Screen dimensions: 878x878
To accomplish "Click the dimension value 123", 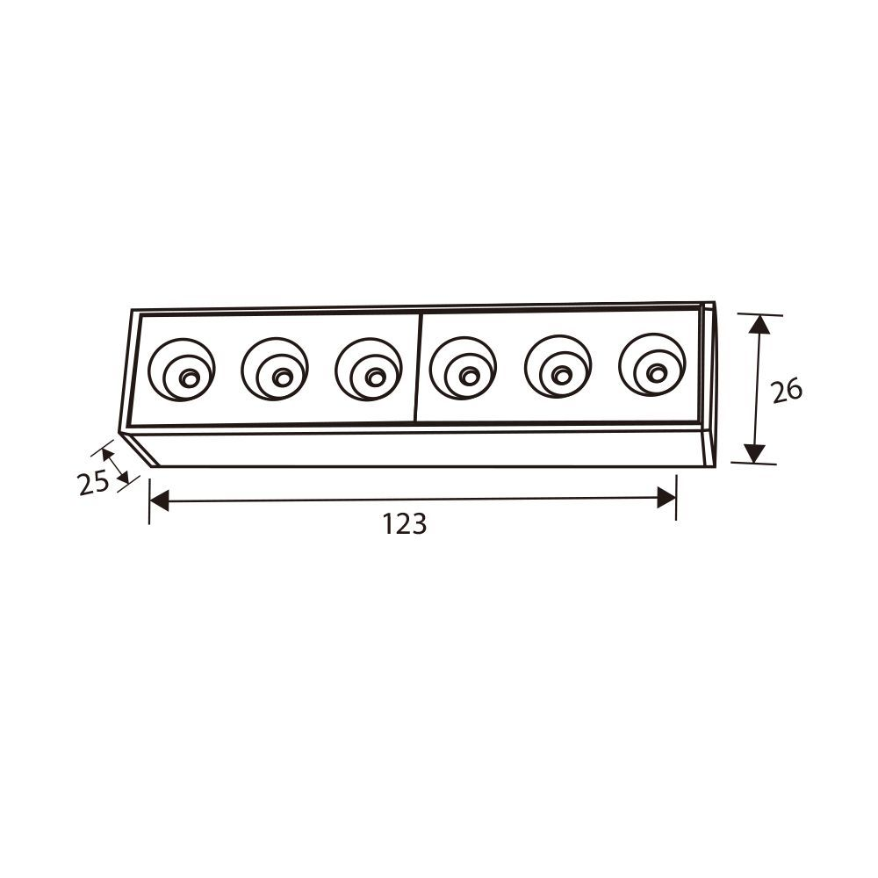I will pyautogui.click(x=404, y=524).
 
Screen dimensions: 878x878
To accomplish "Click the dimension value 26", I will pyautogui.click(x=787, y=390).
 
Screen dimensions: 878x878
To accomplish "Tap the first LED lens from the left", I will pyautogui.click(x=182, y=370).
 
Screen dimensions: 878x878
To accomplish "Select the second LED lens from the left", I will pyautogui.click(x=275, y=369).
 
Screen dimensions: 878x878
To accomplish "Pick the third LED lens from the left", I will pyautogui.click(x=369, y=369).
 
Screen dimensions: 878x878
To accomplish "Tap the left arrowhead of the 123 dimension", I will pyautogui.click(x=159, y=500).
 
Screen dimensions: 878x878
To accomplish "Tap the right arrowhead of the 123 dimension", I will pyautogui.click(x=666, y=498).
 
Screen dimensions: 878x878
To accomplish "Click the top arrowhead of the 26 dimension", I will pyautogui.click(x=759, y=324).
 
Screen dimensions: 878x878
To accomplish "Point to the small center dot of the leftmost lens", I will pyautogui.click(x=188, y=378).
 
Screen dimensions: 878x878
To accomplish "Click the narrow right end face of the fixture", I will pyautogui.click(x=709, y=384).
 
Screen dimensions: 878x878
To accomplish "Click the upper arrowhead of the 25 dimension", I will pyautogui.click(x=107, y=455).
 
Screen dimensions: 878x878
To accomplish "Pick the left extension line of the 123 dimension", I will pyautogui.click(x=149, y=500).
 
